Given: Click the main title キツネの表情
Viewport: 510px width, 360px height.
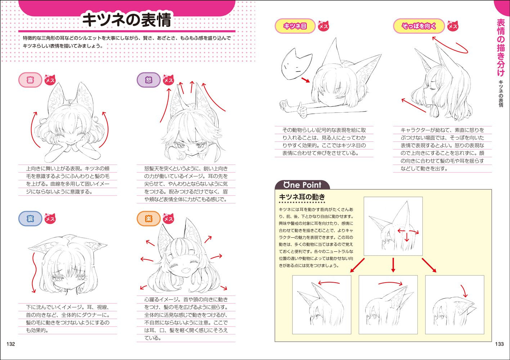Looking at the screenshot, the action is (126, 20).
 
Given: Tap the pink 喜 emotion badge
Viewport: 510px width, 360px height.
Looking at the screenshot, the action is (30, 80).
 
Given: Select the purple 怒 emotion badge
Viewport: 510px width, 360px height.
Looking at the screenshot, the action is (148, 80).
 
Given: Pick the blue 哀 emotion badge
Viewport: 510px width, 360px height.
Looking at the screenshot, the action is (30, 219).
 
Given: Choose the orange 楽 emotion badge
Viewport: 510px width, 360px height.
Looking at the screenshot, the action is (148, 219).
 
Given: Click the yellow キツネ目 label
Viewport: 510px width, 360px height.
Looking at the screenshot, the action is (295, 26).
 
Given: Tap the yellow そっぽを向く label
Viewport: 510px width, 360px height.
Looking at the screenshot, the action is (419, 26).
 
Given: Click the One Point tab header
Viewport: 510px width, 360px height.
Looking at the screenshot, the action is (302, 185).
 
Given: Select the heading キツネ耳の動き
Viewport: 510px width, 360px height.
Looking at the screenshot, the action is (302, 197).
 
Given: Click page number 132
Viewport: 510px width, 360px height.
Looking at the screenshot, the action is (11, 344).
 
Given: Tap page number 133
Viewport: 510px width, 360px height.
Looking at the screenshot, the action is (499, 344).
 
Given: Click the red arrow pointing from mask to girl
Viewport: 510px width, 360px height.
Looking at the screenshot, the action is (305, 80).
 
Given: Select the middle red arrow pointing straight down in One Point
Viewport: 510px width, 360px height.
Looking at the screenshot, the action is (393, 265).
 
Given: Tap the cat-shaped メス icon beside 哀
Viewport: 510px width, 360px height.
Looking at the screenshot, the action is (50, 219).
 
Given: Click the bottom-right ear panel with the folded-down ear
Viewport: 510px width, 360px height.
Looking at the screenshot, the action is (455, 305).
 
